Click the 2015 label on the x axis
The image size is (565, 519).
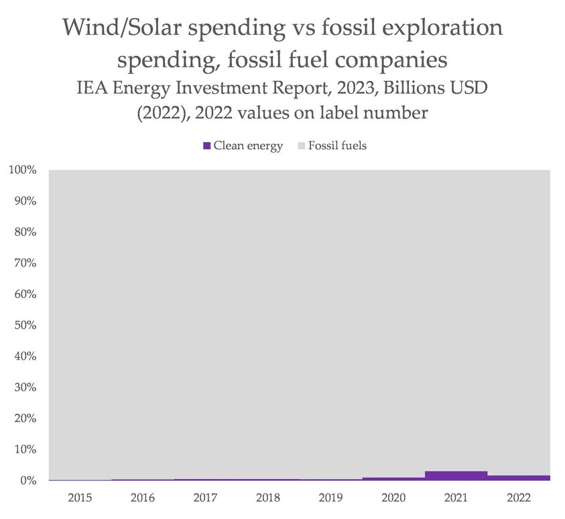click(80, 498)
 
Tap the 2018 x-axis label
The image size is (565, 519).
click(268, 498)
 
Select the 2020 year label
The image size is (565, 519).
click(393, 498)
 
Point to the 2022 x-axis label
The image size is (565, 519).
click(519, 498)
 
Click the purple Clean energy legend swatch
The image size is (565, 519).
click(207, 145)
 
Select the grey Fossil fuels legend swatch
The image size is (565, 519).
click(301, 145)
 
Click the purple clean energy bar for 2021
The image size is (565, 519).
click(456, 476)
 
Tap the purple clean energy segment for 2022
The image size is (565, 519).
click(519, 478)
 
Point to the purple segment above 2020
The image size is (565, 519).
click(393, 479)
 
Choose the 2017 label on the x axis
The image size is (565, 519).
click(206, 498)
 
